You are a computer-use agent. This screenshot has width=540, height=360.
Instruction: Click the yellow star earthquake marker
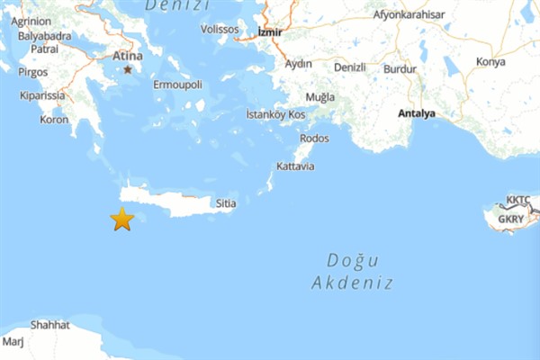(121, 219)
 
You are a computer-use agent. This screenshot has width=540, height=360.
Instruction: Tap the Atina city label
(127, 56)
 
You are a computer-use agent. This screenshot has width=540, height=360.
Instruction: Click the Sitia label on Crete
(226, 204)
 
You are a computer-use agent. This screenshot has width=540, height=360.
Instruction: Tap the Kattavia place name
(295, 166)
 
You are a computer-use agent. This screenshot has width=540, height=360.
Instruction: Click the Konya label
(490, 62)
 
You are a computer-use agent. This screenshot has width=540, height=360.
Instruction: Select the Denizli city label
(349, 67)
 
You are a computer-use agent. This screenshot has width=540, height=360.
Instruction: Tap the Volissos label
(220, 28)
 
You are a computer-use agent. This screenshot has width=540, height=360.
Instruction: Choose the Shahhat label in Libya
(49, 325)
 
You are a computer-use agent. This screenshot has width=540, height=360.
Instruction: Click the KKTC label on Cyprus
(517, 200)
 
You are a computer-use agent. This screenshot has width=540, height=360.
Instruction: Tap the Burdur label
(400, 67)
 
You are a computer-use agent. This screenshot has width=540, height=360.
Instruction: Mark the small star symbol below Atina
(128, 69)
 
